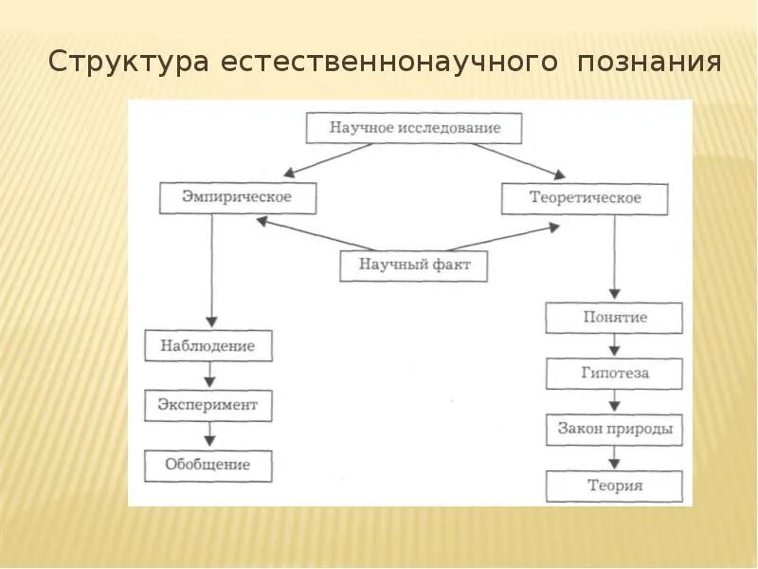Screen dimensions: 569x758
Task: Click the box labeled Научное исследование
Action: (414, 127)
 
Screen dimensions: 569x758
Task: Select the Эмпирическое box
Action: (237, 197)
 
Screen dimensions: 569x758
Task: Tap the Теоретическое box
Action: (584, 198)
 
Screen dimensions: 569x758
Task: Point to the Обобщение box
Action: (208, 465)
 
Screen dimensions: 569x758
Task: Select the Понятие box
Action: (614, 318)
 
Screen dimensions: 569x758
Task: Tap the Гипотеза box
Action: (614, 374)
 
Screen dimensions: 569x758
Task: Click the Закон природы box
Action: (614, 430)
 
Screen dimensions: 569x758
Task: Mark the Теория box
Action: (614, 486)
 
